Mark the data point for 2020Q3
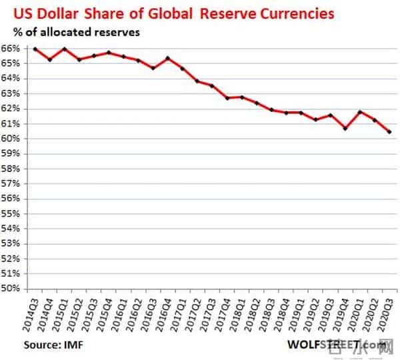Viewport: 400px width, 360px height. [390, 132]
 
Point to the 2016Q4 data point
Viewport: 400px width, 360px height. [168, 58]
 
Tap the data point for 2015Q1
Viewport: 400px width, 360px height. [65, 49]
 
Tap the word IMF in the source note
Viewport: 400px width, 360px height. [73, 345]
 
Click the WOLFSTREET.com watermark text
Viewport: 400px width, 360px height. [337, 345]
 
